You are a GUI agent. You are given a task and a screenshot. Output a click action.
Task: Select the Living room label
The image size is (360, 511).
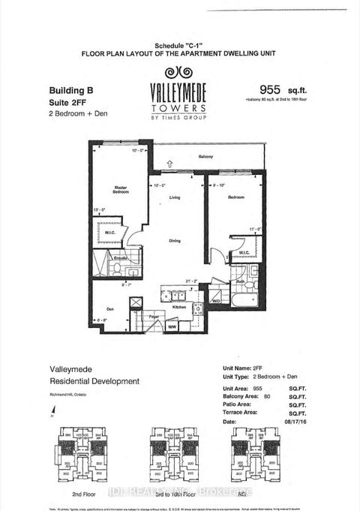click(x=174, y=198)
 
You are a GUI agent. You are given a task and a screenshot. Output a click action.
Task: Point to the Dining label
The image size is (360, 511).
click(x=174, y=241)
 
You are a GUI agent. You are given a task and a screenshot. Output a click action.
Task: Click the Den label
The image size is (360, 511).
click(x=109, y=308)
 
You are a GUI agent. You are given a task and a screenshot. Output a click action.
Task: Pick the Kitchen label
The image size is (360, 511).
click(x=179, y=308)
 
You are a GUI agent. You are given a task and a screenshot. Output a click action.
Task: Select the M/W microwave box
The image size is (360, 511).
click(x=172, y=326)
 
